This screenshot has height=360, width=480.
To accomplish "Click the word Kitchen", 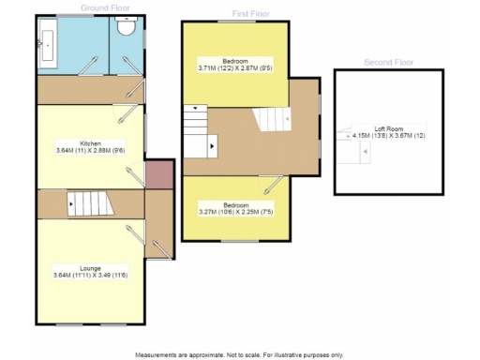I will (x=90, y=142).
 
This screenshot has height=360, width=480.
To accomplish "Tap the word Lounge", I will (x=90, y=266).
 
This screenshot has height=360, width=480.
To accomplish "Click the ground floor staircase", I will (x=88, y=202).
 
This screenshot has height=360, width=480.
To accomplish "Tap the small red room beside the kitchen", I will (x=159, y=173).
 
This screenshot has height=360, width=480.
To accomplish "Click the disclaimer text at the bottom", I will (x=239, y=354).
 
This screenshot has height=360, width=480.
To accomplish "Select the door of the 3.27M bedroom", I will (x=275, y=185).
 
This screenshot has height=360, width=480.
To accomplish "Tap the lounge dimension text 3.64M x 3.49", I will (x=90, y=274).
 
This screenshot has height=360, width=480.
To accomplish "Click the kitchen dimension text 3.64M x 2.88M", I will (x=90, y=150).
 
